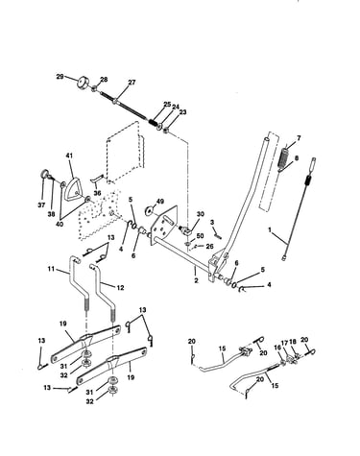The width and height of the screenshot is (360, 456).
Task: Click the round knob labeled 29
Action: (84, 82)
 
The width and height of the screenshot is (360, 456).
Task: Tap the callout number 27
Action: (132, 83)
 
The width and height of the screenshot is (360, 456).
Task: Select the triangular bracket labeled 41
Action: (73, 190)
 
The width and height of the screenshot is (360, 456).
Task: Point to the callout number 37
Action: (41, 205)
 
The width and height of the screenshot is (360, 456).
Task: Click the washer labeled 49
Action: (150, 211)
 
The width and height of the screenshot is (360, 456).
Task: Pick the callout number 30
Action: (201, 214)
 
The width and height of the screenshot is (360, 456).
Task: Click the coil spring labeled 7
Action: (284, 157)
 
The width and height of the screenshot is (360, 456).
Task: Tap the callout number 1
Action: (270, 229)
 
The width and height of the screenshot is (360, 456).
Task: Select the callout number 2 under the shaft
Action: (196, 280)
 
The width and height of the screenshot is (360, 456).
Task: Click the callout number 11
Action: (51, 269)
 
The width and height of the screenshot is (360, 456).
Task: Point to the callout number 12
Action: (120, 288)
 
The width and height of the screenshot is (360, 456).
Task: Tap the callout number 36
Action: (97, 193)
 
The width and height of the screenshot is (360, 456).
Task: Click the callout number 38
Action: (51, 214)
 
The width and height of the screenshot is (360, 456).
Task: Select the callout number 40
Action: (59, 224)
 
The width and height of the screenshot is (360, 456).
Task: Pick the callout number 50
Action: (200, 236)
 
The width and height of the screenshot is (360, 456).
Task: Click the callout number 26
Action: (209, 247)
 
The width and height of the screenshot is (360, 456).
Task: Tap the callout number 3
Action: (212, 222)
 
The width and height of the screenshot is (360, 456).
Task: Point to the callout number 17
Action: (285, 342)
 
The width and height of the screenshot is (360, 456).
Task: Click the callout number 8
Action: (297, 157)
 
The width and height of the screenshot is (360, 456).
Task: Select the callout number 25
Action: (167, 105)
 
